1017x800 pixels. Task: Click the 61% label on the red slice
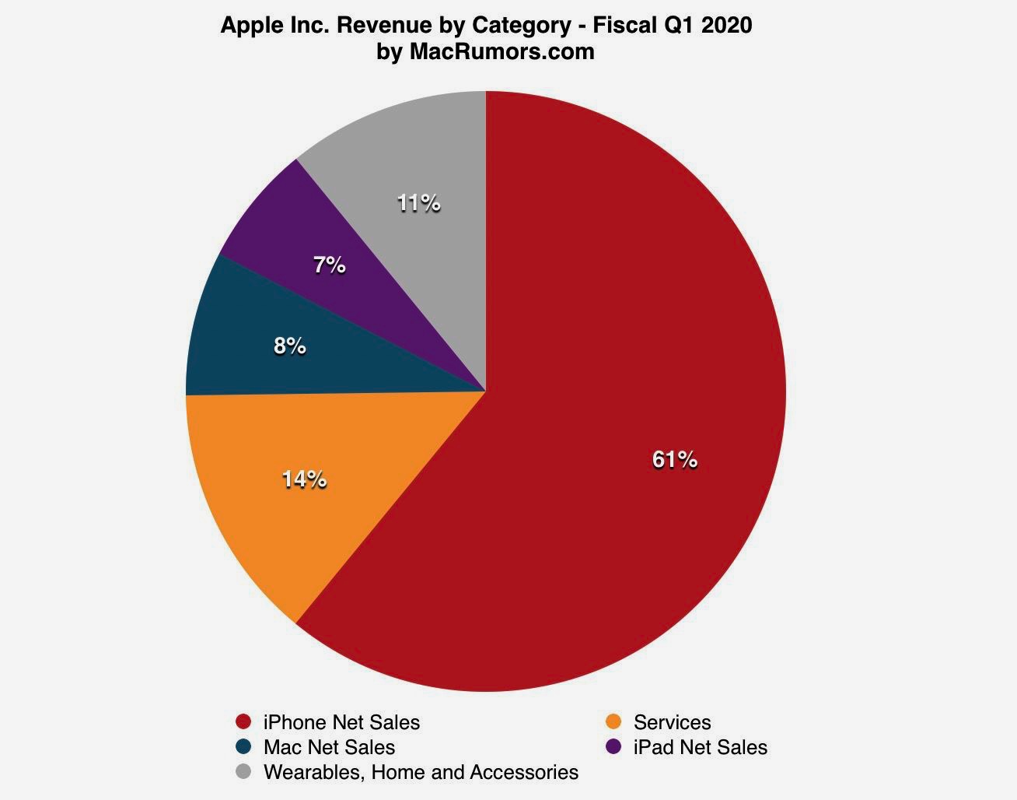[675, 461]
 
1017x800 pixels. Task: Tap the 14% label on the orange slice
[304, 480]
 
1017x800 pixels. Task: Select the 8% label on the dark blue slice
[289, 346]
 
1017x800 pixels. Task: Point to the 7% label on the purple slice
[329, 265]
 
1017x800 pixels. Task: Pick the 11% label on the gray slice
[418, 204]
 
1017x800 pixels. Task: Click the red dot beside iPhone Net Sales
[244, 721]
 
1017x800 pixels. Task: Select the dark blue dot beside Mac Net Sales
[244, 746]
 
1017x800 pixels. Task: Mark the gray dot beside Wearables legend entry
[244, 771]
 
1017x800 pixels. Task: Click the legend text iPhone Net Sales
[341, 722]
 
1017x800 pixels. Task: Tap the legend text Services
[672, 722]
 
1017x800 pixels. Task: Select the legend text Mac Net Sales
[329, 747]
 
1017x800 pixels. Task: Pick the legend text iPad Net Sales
[700, 747]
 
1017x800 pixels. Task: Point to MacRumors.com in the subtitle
[502, 51]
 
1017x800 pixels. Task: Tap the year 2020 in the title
[727, 25]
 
